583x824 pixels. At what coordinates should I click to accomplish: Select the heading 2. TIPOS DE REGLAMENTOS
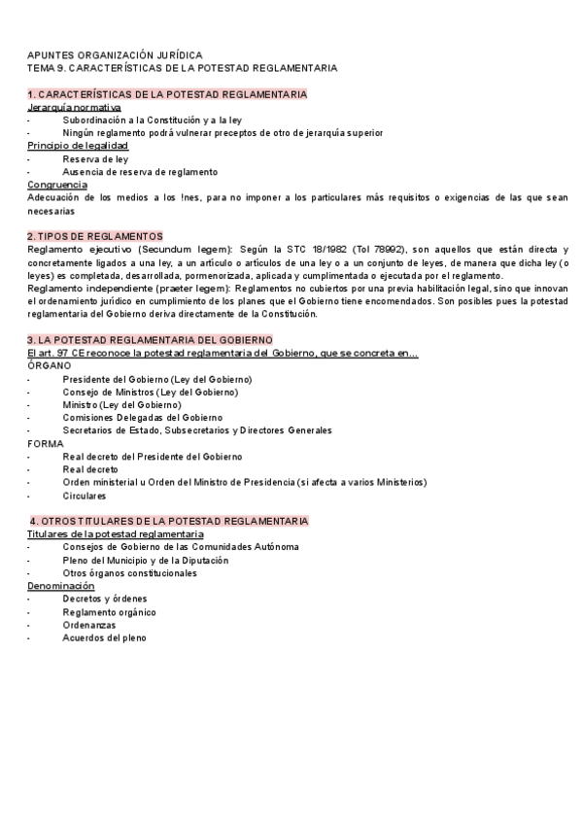coord(95,236)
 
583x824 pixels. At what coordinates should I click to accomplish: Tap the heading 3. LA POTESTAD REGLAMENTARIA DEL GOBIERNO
coord(150,339)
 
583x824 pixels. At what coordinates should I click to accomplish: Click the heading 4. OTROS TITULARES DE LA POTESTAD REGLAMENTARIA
coord(170,521)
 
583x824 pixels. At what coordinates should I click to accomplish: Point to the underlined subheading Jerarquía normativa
coord(75,107)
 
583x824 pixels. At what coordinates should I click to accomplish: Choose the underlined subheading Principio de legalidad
coord(78,146)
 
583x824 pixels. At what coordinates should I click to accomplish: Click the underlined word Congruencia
coord(57,185)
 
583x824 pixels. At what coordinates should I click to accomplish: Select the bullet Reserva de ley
coord(95,158)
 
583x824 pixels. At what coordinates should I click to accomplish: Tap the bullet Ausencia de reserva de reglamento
coord(140,172)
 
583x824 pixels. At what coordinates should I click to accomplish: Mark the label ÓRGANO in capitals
coord(50,365)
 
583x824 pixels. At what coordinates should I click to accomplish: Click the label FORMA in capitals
coord(46,443)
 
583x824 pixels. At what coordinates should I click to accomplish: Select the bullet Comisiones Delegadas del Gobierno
coord(142,417)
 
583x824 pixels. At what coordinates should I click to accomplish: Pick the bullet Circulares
coord(85,496)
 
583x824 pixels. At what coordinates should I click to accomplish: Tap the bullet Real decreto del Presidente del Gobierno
coord(153,456)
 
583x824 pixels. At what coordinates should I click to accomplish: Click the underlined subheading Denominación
coord(61,586)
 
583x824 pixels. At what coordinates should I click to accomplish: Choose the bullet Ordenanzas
coord(90,625)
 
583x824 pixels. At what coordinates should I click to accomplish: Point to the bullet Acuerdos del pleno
coord(105,638)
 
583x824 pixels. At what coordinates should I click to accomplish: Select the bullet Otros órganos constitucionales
coord(129,573)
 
